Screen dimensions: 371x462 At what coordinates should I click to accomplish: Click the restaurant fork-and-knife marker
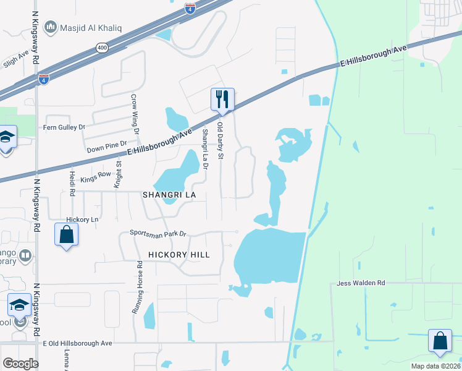click(x=222, y=99)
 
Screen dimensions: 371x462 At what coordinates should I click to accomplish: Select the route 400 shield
click(x=101, y=47)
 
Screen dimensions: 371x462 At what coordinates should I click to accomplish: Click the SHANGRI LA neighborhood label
click(x=169, y=194)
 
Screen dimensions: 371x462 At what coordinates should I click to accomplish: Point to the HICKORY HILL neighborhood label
click(x=179, y=254)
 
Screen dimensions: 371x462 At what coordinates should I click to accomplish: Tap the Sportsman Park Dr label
click(x=157, y=233)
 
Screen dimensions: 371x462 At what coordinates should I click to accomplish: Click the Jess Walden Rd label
click(x=361, y=283)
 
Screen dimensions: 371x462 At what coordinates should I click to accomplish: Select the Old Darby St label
click(x=219, y=140)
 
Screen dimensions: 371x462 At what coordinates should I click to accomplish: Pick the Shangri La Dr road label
click(x=205, y=148)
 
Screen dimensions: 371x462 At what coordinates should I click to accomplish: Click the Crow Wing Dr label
click(x=133, y=113)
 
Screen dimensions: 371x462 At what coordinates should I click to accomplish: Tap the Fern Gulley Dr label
click(x=64, y=127)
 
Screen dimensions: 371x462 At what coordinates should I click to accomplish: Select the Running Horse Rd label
click(x=140, y=287)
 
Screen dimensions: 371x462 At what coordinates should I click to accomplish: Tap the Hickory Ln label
click(x=82, y=220)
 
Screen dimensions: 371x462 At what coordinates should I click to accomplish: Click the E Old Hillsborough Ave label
click(x=77, y=343)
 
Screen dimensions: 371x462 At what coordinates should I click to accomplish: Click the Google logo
click(x=20, y=363)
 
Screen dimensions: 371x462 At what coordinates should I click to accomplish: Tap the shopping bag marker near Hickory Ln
click(x=67, y=236)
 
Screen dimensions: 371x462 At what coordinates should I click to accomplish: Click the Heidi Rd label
click(x=72, y=184)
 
